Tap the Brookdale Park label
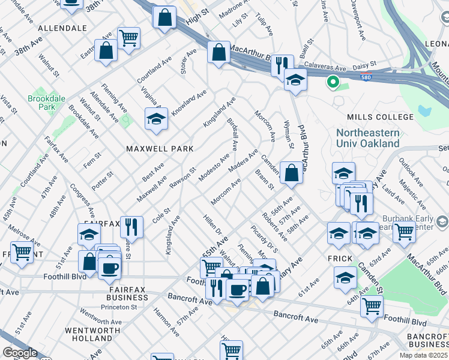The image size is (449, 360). [41, 103]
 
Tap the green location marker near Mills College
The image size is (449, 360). [331, 82]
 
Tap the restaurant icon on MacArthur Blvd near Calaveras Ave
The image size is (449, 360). [281, 64]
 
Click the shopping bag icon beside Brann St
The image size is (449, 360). [291, 173]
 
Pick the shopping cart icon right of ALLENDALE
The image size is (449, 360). [128, 38]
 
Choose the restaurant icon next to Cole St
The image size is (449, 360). [131, 227]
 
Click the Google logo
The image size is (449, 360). [20, 353]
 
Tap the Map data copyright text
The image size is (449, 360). [423, 355]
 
